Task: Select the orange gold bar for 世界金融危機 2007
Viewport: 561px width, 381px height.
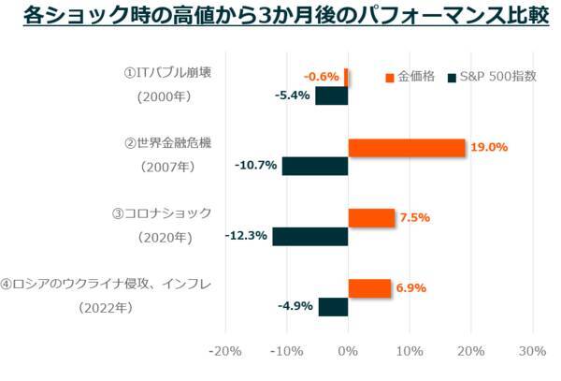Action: [x=407, y=148]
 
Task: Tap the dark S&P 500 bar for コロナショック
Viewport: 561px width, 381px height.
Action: [x=310, y=237]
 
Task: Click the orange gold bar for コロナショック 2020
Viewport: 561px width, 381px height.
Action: [x=371, y=218]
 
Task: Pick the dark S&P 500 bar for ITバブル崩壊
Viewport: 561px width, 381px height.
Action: [x=331, y=95]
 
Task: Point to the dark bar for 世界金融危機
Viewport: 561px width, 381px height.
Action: [x=315, y=166]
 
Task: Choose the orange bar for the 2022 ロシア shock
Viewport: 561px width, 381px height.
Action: [x=369, y=288]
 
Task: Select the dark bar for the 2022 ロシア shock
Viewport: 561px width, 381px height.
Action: [x=333, y=307]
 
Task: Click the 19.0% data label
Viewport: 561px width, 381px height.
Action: [x=490, y=148]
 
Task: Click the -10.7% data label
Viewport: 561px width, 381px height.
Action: [x=255, y=166]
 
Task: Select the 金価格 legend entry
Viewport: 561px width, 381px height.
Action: [x=411, y=77]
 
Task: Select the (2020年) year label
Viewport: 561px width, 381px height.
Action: [x=166, y=237]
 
